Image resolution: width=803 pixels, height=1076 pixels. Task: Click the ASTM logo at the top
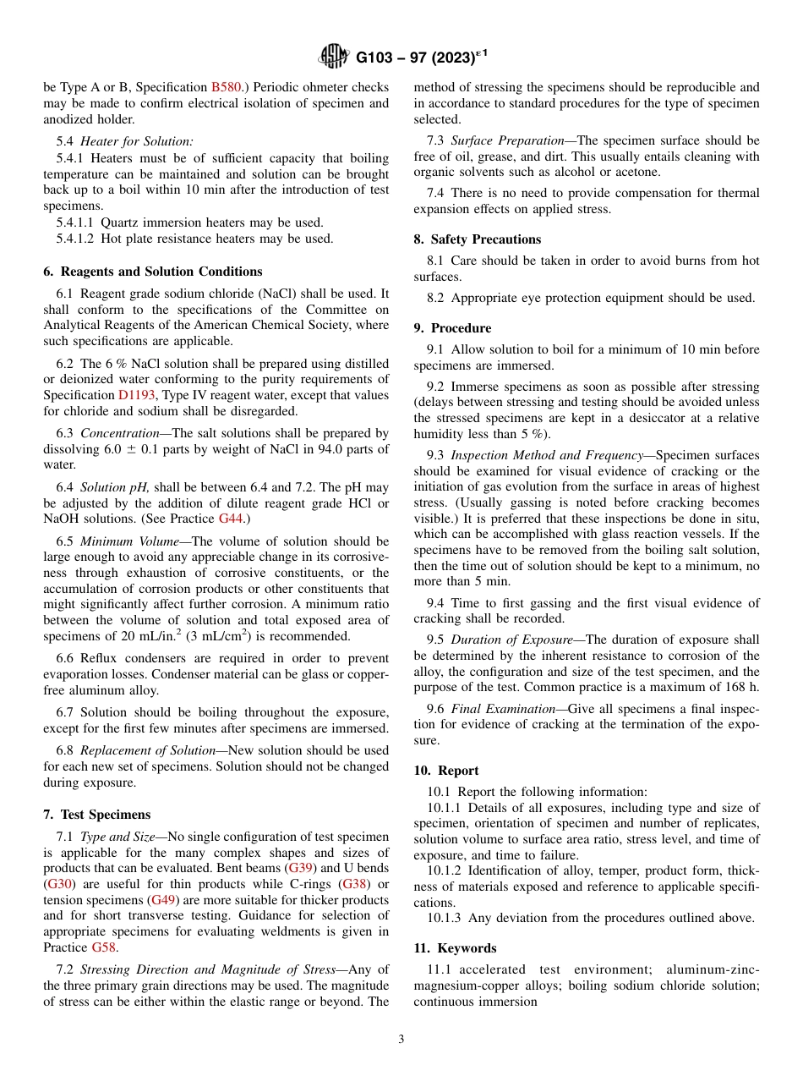[334, 58]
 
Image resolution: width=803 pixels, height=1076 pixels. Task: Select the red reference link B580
[226, 87]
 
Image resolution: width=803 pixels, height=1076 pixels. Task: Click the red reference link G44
[229, 517]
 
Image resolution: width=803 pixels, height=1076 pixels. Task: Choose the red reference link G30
[58, 884]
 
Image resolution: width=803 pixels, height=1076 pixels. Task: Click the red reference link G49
[164, 899]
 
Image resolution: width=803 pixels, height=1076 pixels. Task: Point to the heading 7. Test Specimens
[96, 815]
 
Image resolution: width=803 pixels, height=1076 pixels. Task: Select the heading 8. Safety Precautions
[477, 239]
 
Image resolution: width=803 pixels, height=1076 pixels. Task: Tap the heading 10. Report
[445, 771]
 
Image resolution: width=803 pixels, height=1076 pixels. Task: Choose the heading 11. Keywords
[455, 948]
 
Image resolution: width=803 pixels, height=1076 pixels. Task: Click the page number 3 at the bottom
[401, 1040]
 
